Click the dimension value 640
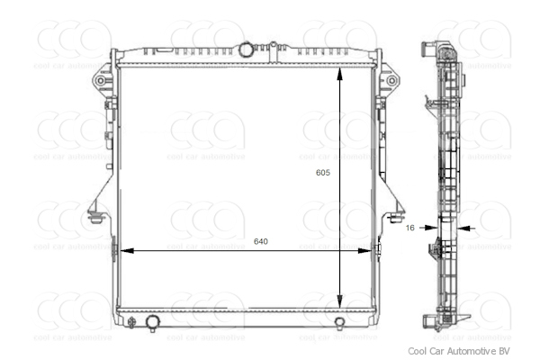(x=261, y=241)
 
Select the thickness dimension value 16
(x=410, y=229)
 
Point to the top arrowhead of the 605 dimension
(x=339, y=73)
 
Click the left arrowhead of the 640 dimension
(x=124, y=251)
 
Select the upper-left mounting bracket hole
(x=101, y=81)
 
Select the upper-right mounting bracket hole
(x=391, y=81)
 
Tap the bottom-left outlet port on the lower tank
(x=153, y=322)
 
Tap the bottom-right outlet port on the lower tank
(x=339, y=324)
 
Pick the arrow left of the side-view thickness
(x=430, y=229)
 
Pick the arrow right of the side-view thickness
(x=464, y=229)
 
